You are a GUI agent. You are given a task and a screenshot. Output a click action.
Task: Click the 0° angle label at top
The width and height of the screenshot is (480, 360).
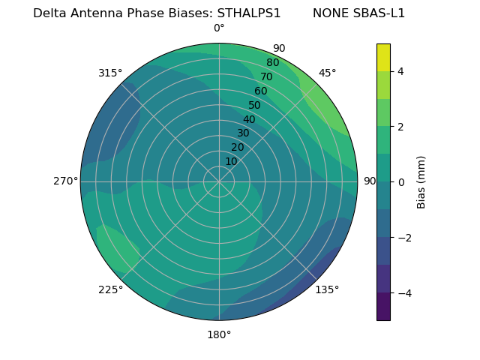[219, 28]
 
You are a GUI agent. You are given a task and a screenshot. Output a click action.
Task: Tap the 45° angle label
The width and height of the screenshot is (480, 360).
[328, 73]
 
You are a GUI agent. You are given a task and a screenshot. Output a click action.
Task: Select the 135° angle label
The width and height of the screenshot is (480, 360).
[327, 290]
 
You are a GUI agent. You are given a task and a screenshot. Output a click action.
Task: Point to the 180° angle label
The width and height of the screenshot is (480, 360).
[219, 334]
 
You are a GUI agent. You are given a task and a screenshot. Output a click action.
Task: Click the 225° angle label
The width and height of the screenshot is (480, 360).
[110, 290]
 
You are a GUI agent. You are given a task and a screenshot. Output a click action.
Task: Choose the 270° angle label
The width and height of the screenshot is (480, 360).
[65, 181]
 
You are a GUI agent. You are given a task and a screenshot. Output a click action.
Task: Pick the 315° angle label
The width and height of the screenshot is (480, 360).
[110, 73]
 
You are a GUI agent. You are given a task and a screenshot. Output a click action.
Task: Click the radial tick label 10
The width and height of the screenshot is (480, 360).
[231, 161]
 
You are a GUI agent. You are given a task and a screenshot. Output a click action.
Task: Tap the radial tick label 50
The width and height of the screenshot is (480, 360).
[255, 106]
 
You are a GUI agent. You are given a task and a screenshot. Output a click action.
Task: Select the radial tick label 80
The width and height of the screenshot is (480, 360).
[272, 63]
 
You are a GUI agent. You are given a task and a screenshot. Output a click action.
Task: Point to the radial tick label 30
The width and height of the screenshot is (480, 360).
[243, 133]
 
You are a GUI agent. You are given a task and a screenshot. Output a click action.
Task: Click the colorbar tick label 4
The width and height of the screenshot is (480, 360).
[400, 71]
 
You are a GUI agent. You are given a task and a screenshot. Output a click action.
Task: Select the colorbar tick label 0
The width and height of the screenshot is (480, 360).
[400, 182]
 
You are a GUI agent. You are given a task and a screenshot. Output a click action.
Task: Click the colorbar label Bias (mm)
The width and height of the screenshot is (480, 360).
[421, 181]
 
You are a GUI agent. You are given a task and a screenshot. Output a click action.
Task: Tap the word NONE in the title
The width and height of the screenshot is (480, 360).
[328, 13]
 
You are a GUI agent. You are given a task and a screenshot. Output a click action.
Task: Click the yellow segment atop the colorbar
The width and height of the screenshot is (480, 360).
[383, 57]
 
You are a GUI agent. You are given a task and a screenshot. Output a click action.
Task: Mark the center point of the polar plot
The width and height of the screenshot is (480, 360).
[219, 181]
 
